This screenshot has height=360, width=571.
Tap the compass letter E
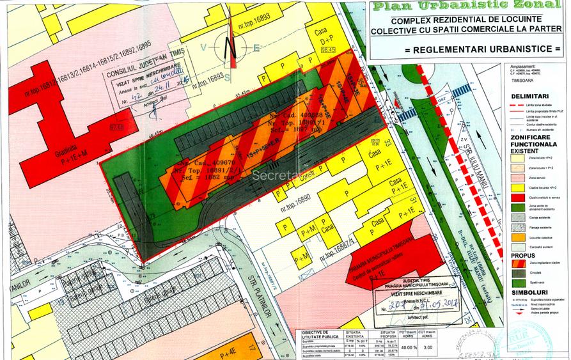[x=256, y=48]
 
